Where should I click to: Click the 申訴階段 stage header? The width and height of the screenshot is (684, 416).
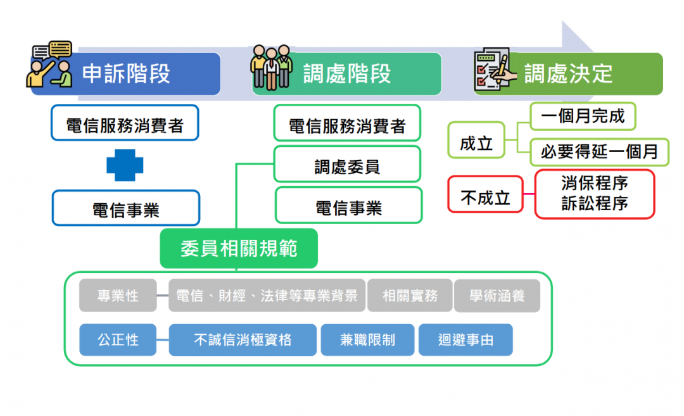pos(127,74)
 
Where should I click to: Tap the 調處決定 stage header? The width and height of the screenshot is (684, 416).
pos(569,74)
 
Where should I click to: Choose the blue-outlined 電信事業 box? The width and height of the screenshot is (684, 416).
pos(125,208)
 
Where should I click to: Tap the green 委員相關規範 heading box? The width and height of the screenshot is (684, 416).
pos(239,248)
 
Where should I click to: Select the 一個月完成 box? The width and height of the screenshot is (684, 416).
pos(583,117)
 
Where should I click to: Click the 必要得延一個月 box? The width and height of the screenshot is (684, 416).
pos(599,152)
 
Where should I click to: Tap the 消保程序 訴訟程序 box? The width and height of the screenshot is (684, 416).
pos(594,194)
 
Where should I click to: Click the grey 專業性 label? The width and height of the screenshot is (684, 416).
pos(118,296)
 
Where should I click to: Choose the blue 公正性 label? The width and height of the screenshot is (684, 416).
pos(118,340)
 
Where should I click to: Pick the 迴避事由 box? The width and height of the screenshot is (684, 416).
pos(465,340)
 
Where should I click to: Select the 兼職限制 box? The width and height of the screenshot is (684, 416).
pos(367,340)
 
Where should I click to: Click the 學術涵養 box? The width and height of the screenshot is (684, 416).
pos(497,296)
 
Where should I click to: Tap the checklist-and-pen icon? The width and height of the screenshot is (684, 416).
pos(490,69)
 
